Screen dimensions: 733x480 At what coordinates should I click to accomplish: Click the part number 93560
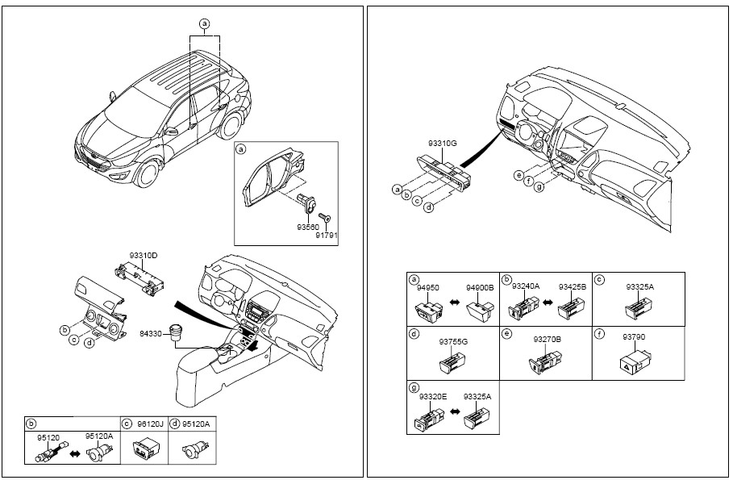point(307,227)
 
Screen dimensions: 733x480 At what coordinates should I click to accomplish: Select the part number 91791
point(326,236)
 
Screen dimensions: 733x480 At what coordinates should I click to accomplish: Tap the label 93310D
point(144,256)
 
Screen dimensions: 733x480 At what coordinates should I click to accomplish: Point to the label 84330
point(151,333)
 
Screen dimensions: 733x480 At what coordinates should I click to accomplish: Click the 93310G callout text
point(442,144)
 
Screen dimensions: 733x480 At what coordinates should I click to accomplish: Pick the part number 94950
point(427,288)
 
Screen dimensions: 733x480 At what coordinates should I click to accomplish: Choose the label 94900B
point(480,288)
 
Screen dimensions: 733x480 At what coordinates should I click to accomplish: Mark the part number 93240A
point(526,286)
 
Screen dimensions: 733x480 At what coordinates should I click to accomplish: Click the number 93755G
point(453,341)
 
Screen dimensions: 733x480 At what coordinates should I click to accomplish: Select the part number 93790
point(634,336)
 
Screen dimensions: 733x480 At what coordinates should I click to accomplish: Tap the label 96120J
point(151,424)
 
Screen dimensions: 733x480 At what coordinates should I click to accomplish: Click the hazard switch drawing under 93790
point(635,362)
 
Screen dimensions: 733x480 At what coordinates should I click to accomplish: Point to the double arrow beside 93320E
point(454,411)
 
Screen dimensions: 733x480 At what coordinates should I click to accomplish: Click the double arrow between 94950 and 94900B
point(454,303)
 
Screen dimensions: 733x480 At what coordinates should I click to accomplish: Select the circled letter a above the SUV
point(204,23)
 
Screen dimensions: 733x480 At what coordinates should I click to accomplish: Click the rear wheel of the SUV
point(231,124)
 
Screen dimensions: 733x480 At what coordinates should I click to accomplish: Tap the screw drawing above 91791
point(324,217)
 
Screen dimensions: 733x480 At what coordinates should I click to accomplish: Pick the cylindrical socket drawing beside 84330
point(177,332)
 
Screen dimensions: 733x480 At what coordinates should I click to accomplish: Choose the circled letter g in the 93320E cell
point(413,388)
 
